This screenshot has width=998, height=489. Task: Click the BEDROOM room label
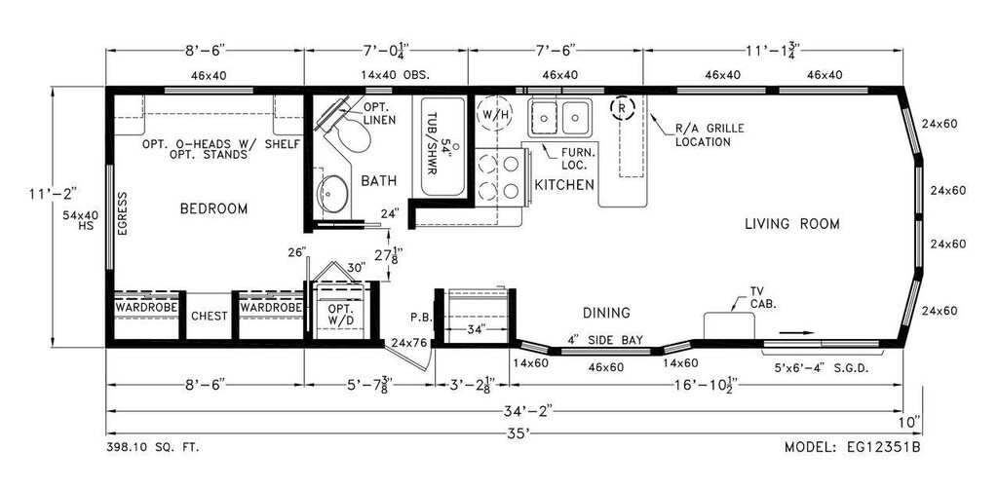213,208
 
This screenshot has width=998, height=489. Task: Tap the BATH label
378,181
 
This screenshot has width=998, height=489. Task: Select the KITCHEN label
564,184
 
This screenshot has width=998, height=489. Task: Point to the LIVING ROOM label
791,224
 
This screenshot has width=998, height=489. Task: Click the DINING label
606,313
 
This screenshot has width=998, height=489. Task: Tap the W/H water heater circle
494,114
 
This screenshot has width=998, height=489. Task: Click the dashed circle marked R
620,107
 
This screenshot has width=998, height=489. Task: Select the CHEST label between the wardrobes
209,317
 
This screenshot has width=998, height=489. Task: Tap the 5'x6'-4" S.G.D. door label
820,368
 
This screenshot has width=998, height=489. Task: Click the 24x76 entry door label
408,343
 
